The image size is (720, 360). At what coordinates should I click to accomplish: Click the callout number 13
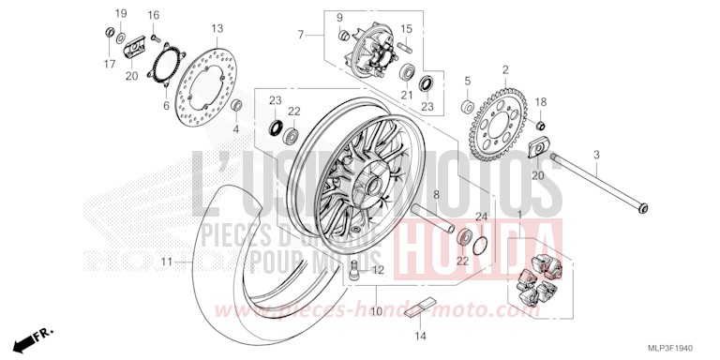tap(217, 28)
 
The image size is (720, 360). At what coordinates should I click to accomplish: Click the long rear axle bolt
tap(600, 183)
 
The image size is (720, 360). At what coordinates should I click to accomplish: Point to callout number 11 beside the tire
tap(165, 262)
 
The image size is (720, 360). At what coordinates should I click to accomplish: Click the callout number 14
tap(421, 336)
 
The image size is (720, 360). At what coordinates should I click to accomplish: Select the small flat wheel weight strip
tap(421, 308)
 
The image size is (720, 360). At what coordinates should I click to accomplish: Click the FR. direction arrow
tap(38, 335)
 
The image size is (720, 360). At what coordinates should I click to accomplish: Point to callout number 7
tap(301, 35)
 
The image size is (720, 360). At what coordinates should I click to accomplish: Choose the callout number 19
tap(121, 13)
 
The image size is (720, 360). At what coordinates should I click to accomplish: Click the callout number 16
tap(153, 15)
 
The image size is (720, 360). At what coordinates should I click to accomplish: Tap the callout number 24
tap(481, 217)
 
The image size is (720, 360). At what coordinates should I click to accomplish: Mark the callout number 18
tap(541, 101)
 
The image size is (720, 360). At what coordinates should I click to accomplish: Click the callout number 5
tap(467, 81)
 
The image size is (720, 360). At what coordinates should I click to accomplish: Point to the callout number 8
tap(435, 195)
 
